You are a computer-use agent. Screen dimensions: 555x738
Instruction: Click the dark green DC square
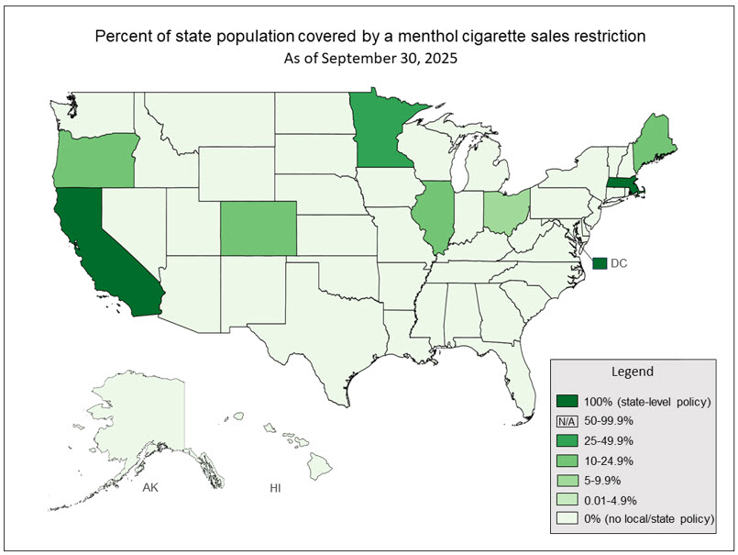click(x=600, y=263)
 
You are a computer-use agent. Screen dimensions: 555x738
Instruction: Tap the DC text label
click(x=620, y=263)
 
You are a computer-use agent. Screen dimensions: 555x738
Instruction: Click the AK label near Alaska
click(x=150, y=487)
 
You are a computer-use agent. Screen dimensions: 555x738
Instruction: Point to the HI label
click(x=275, y=487)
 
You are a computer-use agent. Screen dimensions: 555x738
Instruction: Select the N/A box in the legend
click(x=567, y=420)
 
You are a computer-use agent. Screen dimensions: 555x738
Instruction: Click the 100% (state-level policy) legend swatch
click(x=567, y=401)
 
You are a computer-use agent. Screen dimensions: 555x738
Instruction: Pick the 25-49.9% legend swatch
click(x=567, y=440)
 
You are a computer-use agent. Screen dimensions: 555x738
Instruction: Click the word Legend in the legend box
click(x=633, y=372)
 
